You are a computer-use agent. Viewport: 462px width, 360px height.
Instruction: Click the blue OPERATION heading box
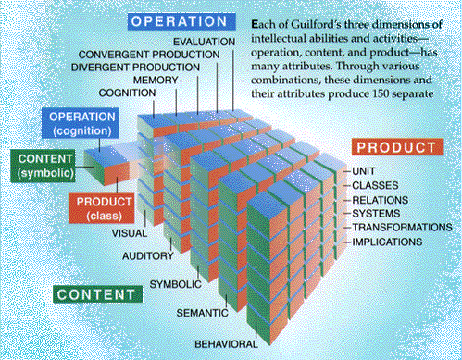pyautogui.click(x=181, y=21)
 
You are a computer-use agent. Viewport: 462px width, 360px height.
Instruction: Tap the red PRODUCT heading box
pyautogui.click(x=397, y=147)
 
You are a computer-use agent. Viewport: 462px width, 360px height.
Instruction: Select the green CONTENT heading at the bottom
pyautogui.click(x=97, y=294)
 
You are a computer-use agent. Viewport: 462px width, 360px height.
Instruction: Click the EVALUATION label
pyautogui.click(x=204, y=42)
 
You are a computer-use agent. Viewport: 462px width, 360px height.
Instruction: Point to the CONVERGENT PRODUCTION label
pyautogui.click(x=149, y=55)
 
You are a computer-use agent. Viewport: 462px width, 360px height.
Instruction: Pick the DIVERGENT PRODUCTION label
pyautogui.click(x=135, y=68)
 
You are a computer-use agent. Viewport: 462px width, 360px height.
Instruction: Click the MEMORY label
pyautogui.click(x=156, y=81)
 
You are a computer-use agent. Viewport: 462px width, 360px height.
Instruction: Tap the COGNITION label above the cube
pyautogui.click(x=127, y=93)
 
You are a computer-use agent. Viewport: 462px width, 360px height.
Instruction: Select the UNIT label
pyautogui.click(x=364, y=171)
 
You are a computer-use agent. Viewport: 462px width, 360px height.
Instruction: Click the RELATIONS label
pyautogui.click(x=380, y=200)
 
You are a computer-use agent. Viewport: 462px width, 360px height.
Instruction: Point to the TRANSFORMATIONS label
pyautogui.click(x=402, y=228)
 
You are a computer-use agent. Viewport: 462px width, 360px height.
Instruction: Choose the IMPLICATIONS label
pyautogui.click(x=387, y=242)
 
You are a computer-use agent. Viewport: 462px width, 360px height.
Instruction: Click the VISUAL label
pyautogui.click(x=130, y=233)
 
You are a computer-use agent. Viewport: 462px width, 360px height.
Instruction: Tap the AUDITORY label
pyautogui.click(x=148, y=255)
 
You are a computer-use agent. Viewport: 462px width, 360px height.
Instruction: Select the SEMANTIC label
pyautogui.click(x=202, y=313)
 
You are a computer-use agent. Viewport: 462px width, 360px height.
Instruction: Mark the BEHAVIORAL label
pyautogui.click(x=226, y=344)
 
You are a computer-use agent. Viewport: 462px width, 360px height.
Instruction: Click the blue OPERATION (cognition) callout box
pyautogui.click(x=81, y=123)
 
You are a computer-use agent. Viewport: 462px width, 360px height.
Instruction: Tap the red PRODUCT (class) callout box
pyautogui.click(x=102, y=208)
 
